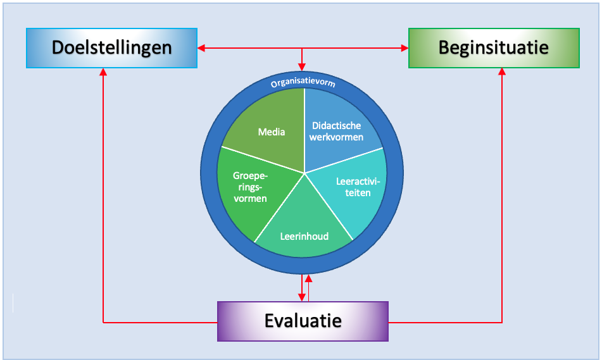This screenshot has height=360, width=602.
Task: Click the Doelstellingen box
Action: [x=111, y=48]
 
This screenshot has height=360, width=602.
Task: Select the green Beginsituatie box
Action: [x=494, y=48]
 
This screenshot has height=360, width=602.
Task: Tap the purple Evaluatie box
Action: [x=303, y=321]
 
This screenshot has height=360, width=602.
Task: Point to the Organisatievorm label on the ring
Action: [x=303, y=83]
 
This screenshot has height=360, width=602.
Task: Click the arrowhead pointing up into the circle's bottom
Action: [x=308, y=278]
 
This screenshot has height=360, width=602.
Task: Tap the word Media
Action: [x=272, y=132]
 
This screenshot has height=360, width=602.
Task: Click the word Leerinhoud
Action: [x=304, y=237]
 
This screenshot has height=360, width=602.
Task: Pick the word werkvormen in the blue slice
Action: [x=336, y=137]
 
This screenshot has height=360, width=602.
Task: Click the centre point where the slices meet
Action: [x=304, y=173]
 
